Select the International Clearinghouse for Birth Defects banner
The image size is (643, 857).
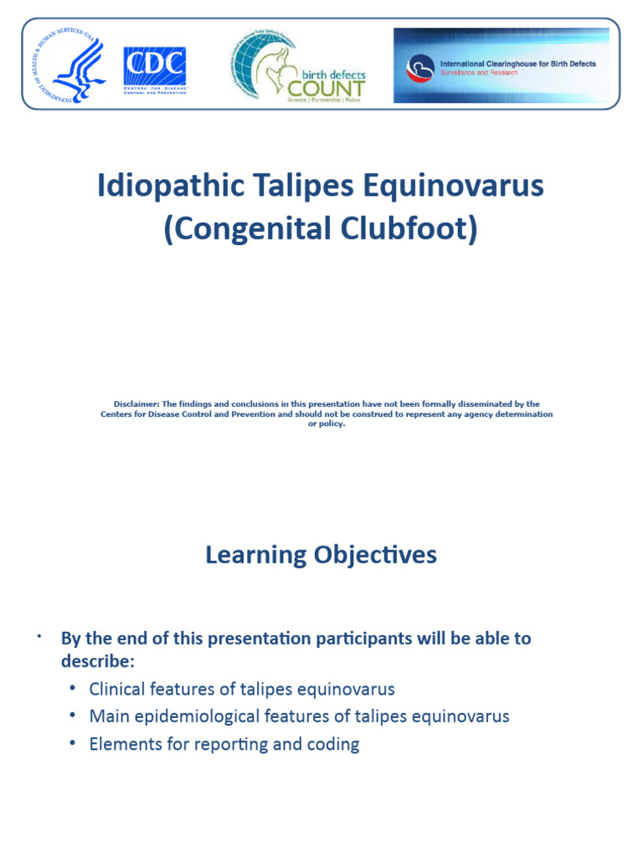[501, 65]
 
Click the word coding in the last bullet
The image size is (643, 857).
[332, 745]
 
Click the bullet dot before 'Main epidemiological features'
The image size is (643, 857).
[73, 716]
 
